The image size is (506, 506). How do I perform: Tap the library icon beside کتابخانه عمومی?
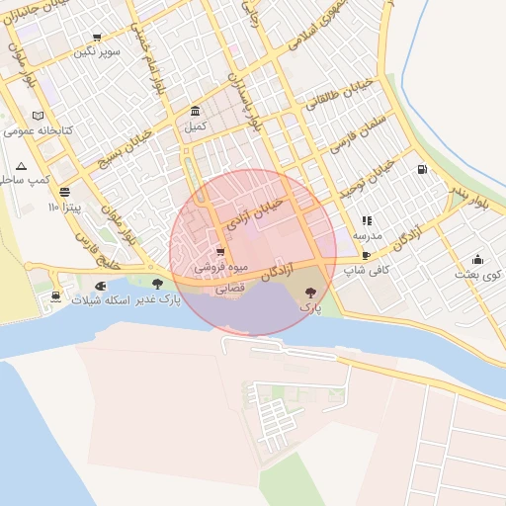(x=38, y=115)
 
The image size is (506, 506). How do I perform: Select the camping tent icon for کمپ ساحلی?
(x=22, y=165)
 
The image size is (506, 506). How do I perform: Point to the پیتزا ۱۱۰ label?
(x=68, y=209)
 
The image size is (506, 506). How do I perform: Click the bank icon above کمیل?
(x=196, y=111)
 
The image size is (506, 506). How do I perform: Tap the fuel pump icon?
(x=423, y=169)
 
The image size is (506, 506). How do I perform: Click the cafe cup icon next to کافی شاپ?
(x=367, y=255)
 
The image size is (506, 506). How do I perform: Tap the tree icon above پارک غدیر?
(x=157, y=284)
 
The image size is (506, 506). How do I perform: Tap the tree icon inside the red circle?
(x=312, y=292)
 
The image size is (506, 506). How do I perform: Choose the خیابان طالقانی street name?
(x=340, y=95)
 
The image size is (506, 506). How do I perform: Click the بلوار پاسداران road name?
(x=245, y=100)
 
